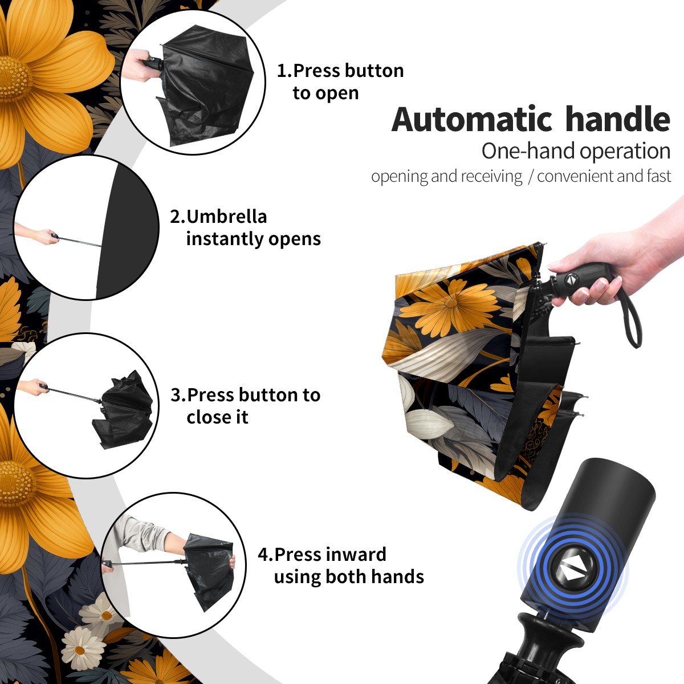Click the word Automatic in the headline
pos(472,119)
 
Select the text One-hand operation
pos(576,151)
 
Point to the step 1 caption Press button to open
pos(340,82)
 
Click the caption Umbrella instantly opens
pos(245,227)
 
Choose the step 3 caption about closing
pos(245,406)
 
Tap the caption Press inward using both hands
pos(341,565)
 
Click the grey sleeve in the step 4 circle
pos(142,534)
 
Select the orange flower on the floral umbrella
pos(450,304)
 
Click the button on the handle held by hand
pos(570,279)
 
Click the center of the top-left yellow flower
pos(14,79)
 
